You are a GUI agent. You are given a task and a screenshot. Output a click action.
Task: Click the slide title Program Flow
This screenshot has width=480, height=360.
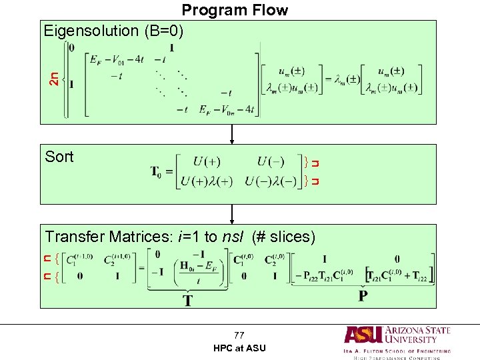(235, 10)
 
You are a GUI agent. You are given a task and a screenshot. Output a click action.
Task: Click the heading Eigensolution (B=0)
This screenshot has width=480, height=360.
(113, 31)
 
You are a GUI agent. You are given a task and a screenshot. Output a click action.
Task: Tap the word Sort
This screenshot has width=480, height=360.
(59, 157)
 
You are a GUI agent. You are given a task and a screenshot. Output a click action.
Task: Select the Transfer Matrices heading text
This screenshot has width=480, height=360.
(179, 237)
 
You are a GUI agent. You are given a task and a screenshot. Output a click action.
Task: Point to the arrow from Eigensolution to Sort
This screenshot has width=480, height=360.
(232, 134)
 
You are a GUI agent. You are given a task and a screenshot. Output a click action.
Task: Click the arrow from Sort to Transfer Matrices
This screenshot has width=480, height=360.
(232, 214)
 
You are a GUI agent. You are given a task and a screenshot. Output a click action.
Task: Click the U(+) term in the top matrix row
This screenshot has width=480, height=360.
(207, 162)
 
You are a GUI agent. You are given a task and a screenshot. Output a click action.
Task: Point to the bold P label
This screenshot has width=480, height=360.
(363, 295)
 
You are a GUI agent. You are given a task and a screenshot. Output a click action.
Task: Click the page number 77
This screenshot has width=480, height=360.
(239, 335)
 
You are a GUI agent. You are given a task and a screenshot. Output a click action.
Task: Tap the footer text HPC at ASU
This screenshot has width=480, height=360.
(239, 348)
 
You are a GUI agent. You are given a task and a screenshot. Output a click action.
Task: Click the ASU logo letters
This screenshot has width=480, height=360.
(364, 335)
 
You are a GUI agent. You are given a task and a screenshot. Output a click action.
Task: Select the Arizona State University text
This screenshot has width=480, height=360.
(417, 335)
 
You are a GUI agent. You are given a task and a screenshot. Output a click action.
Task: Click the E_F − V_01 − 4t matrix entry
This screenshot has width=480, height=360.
(116, 59)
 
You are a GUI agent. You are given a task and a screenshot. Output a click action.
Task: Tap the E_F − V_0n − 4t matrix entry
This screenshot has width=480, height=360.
(227, 110)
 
